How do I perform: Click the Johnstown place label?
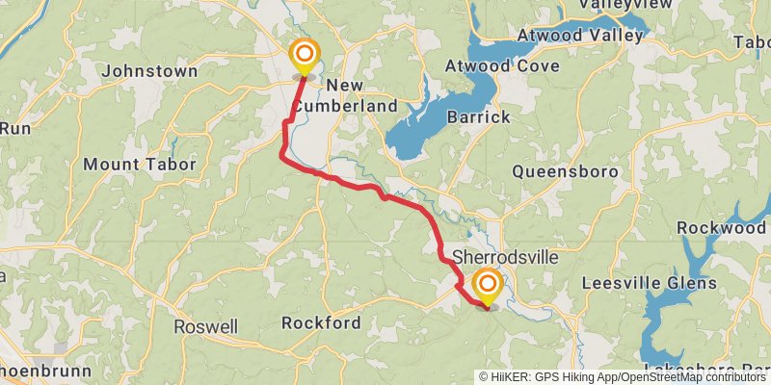(x=149, y=71)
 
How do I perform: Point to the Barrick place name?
(x=478, y=116)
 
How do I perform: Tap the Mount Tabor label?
(x=139, y=165)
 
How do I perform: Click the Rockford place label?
(x=322, y=322)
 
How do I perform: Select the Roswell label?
(x=205, y=327)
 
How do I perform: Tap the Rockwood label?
(x=721, y=228)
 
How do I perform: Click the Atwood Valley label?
(x=579, y=36)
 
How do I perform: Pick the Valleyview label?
(x=625, y=6)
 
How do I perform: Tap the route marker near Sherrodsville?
(x=488, y=284)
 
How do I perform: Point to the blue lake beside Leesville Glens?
(x=665, y=318)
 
